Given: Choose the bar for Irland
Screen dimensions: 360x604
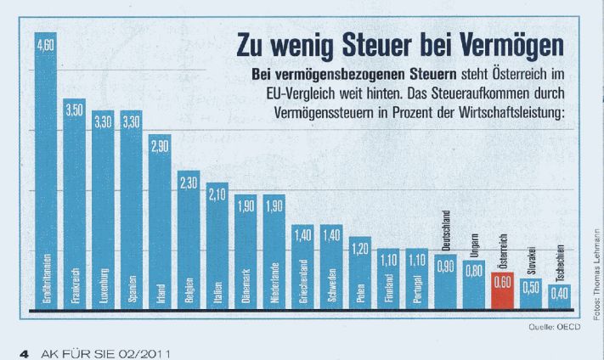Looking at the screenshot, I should [x=160, y=221].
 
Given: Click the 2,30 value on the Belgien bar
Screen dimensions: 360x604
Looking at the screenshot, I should [x=189, y=184].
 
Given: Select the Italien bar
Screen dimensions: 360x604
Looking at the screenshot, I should [x=217, y=246].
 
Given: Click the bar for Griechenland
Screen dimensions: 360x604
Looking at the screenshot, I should [x=302, y=267].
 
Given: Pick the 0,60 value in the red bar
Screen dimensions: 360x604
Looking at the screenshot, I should [x=502, y=282].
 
